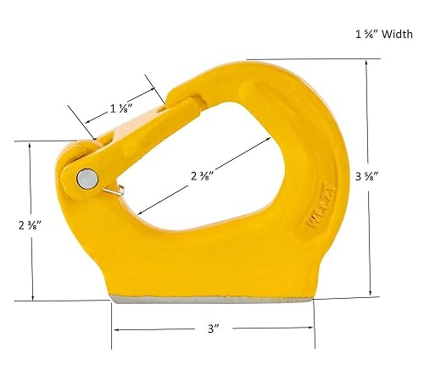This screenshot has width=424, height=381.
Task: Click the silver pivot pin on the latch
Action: [x=86, y=178]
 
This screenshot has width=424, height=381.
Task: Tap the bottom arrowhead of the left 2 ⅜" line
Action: [x=32, y=298]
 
